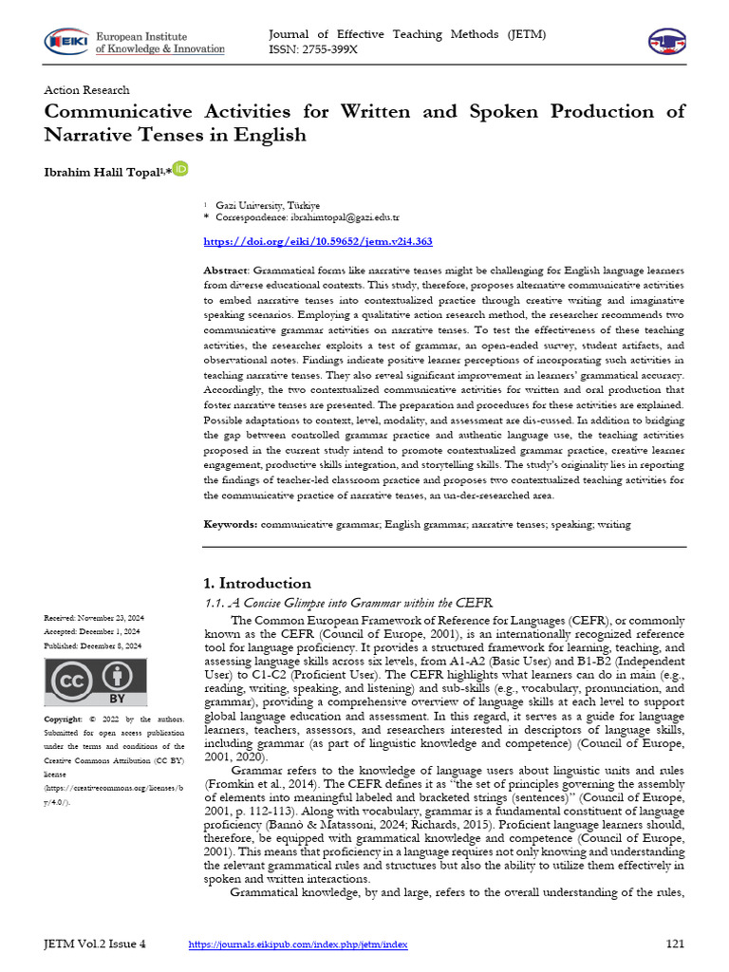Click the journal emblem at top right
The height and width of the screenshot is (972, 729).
tap(665, 40)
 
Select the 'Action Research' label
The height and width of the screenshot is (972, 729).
tap(87, 90)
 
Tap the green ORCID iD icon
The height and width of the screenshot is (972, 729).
tap(180, 168)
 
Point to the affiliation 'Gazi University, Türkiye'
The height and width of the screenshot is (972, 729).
tap(268, 205)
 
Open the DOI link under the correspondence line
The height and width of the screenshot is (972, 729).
tap(319, 242)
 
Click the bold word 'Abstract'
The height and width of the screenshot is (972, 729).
tap(227, 271)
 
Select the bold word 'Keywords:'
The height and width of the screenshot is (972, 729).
tap(231, 524)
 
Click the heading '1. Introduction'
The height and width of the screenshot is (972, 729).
tap(257, 583)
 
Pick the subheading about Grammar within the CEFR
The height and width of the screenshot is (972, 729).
tap(349, 603)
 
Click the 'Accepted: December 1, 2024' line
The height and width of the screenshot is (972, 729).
tap(92, 631)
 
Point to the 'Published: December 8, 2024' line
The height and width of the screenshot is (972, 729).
tap(93, 645)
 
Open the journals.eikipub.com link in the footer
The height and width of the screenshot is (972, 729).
tap(298, 944)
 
